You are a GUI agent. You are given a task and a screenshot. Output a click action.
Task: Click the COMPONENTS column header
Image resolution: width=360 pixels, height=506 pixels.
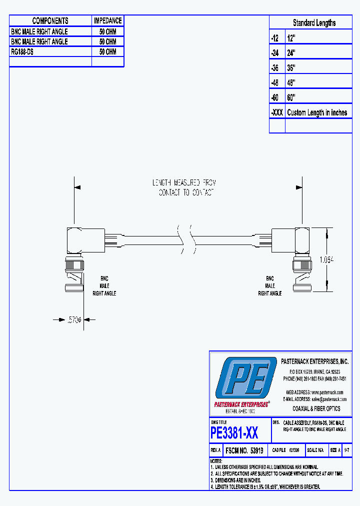pos(50,21)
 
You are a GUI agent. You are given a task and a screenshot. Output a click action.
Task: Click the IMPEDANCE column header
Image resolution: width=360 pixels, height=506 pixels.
pos(107,21)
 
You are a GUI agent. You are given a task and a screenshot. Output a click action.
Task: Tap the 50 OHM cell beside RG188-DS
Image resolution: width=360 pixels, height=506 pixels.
pos(107,51)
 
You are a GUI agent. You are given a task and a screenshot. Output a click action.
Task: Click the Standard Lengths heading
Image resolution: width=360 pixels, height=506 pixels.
pos(314,23)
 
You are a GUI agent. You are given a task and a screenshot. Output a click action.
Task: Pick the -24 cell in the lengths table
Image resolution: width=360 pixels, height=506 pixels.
pos(277,52)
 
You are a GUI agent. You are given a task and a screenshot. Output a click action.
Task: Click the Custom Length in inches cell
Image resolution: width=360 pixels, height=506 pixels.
pos(317,112)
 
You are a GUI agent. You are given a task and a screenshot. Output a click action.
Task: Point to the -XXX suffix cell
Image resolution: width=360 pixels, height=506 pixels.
pos(277,112)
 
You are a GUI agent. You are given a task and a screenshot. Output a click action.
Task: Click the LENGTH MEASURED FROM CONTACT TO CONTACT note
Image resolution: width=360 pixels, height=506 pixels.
pos(185,187)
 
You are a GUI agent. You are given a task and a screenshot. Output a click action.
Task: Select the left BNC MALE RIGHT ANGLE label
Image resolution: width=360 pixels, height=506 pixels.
pos(104,286)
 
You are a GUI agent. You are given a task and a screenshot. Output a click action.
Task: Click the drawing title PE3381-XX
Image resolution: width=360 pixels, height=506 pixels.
pos(234,432)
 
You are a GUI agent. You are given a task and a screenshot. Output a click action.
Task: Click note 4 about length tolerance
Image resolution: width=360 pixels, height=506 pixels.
pos(265,486)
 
